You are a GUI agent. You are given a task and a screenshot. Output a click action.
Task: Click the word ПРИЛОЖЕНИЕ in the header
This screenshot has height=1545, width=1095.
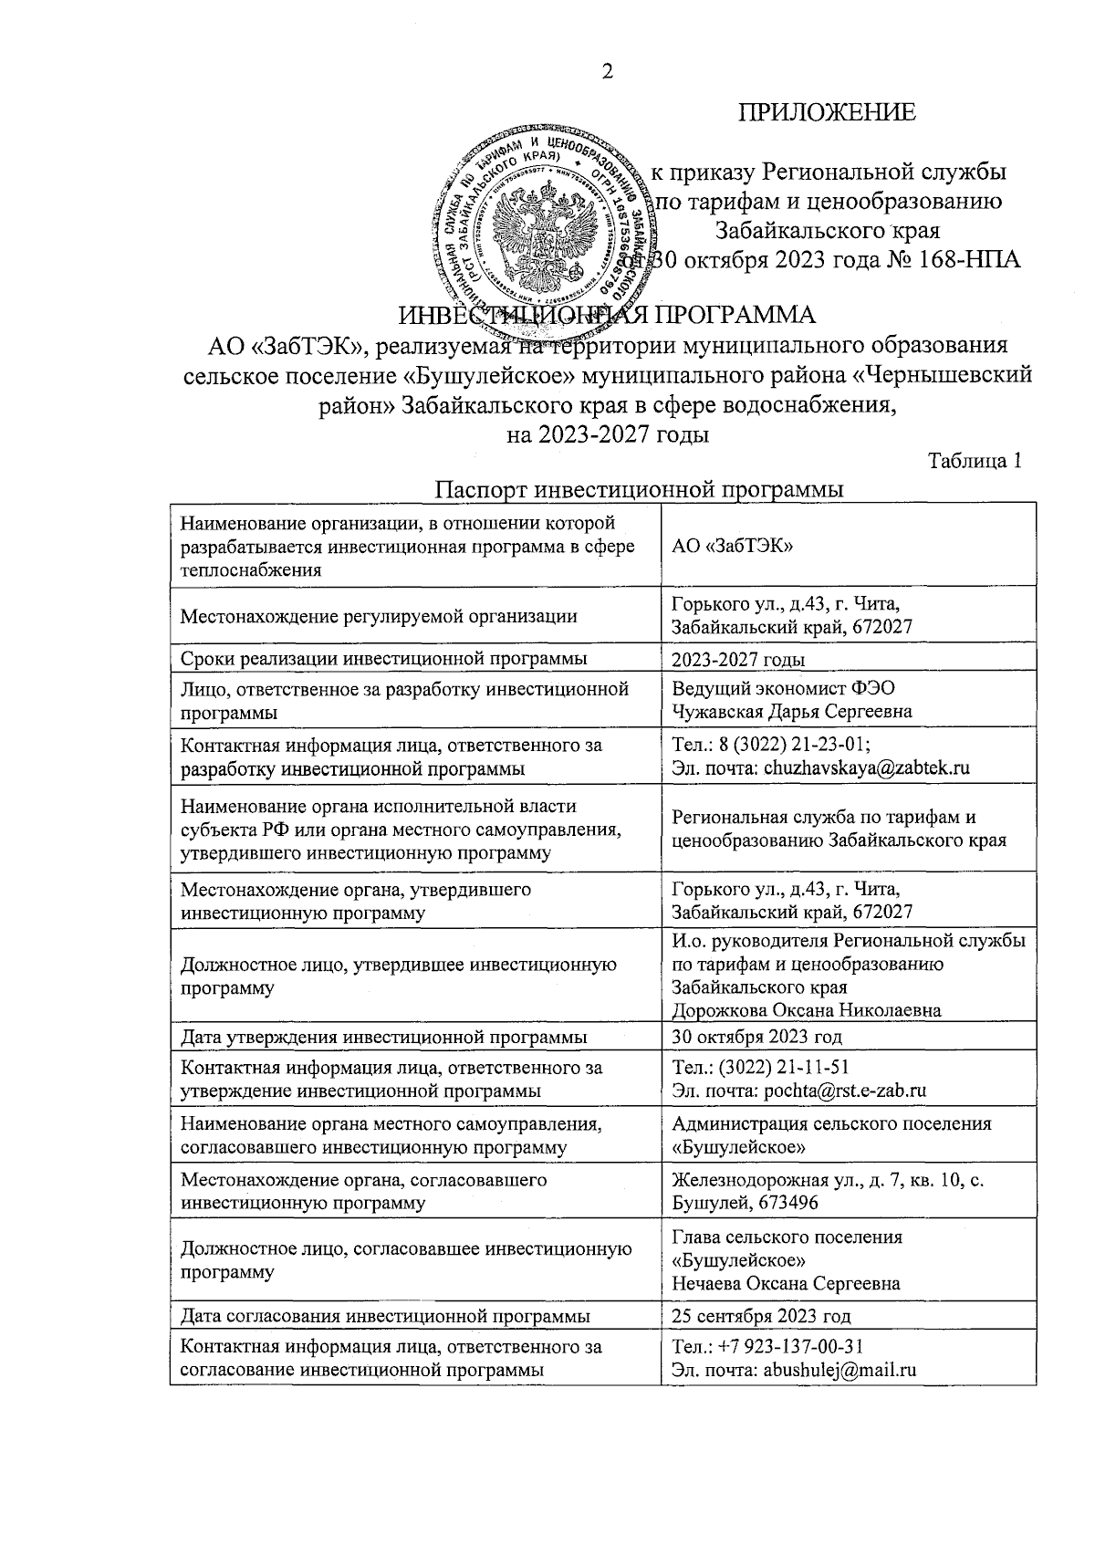827,113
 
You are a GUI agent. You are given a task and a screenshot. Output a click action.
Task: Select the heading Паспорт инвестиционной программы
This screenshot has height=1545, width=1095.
639,490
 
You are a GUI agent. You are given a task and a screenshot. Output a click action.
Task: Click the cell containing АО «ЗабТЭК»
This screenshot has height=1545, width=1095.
731,547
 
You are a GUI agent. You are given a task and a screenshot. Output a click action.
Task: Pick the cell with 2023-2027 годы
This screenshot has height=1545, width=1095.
738,660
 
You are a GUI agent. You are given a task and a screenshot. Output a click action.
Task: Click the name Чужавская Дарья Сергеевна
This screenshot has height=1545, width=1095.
791,711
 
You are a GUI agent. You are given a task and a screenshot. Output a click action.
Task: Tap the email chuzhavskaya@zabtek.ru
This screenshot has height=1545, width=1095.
865,767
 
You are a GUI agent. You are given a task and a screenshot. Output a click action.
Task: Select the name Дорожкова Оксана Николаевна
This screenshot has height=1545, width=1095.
806,1010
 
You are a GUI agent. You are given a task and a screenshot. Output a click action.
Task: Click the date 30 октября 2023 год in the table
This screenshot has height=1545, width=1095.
756,1036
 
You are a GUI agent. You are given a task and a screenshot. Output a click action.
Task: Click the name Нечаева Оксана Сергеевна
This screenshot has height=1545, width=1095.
786,1283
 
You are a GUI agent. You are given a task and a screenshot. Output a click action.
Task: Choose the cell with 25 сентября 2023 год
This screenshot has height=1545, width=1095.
761,1316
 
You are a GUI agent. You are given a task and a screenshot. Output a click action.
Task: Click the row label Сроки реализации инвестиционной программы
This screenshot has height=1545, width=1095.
383,659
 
